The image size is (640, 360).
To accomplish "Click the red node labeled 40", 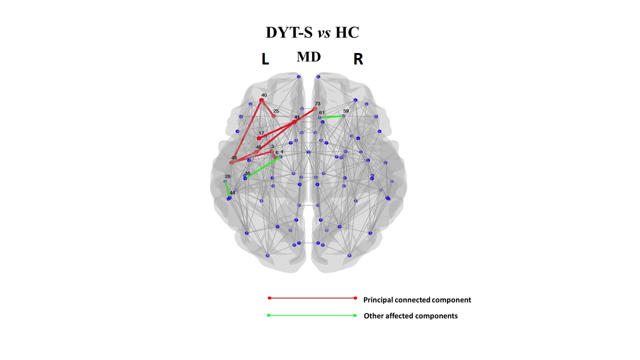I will [261, 100].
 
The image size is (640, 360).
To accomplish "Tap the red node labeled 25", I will [273, 116].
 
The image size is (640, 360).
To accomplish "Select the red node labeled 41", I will [294, 121].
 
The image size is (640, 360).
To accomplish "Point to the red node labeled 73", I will [315, 108].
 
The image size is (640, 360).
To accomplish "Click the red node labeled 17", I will [259, 138].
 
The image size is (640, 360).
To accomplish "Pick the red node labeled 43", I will [231, 162].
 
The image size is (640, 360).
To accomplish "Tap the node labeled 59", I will [343, 116].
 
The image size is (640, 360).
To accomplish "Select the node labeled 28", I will [225, 181].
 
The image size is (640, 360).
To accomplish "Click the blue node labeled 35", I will [245, 178].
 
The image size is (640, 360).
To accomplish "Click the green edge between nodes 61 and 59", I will [332, 117].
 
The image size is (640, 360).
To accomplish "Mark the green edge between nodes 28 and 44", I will [227, 189].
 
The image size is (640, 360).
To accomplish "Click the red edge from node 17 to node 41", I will [276, 130].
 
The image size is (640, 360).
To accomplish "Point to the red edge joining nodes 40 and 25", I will [267, 108].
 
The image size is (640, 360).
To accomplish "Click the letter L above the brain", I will [265, 59].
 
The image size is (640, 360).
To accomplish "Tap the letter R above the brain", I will [358, 59].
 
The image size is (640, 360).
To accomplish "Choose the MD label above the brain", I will [308, 57].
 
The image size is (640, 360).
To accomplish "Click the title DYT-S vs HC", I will [312, 33].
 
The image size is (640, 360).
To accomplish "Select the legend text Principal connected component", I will [417, 300].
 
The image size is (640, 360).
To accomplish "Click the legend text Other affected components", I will [410, 316].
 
